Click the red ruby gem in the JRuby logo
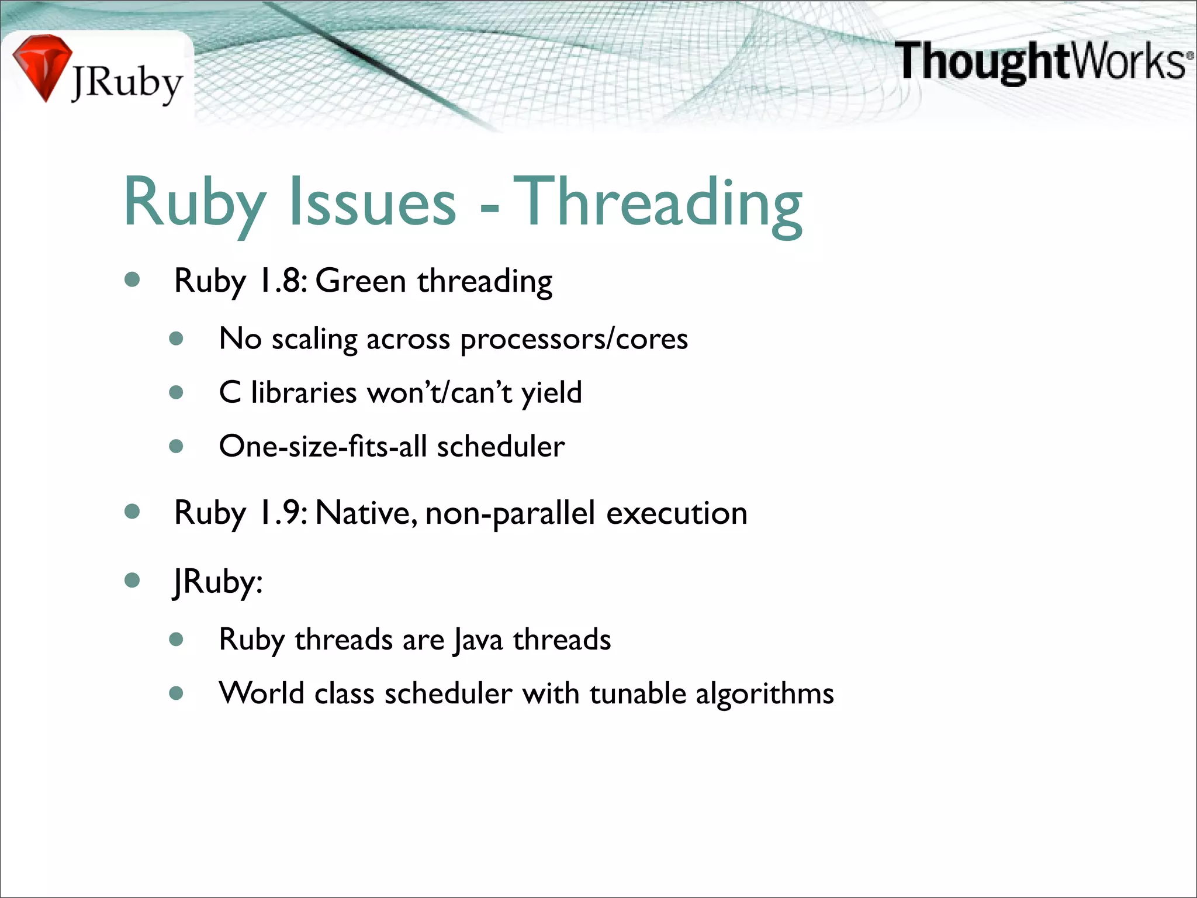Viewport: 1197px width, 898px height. click(x=41, y=65)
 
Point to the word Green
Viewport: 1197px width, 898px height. click(x=361, y=281)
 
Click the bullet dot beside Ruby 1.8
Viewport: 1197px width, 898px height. click(x=133, y=279)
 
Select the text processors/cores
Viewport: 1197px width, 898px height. click(x=574, y=339)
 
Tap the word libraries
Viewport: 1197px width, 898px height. click(x=303, y=392)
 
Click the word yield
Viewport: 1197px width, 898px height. click(x=552, y=392)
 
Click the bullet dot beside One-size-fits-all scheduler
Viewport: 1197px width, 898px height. click(x=177, y=447)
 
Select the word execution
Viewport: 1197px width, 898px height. click(x=677, y=513)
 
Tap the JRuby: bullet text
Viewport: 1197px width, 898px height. click(x=218, y=582)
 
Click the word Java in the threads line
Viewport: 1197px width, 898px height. click(x=479, y=639)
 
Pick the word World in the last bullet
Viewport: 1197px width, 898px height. click(x=261, y=693)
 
